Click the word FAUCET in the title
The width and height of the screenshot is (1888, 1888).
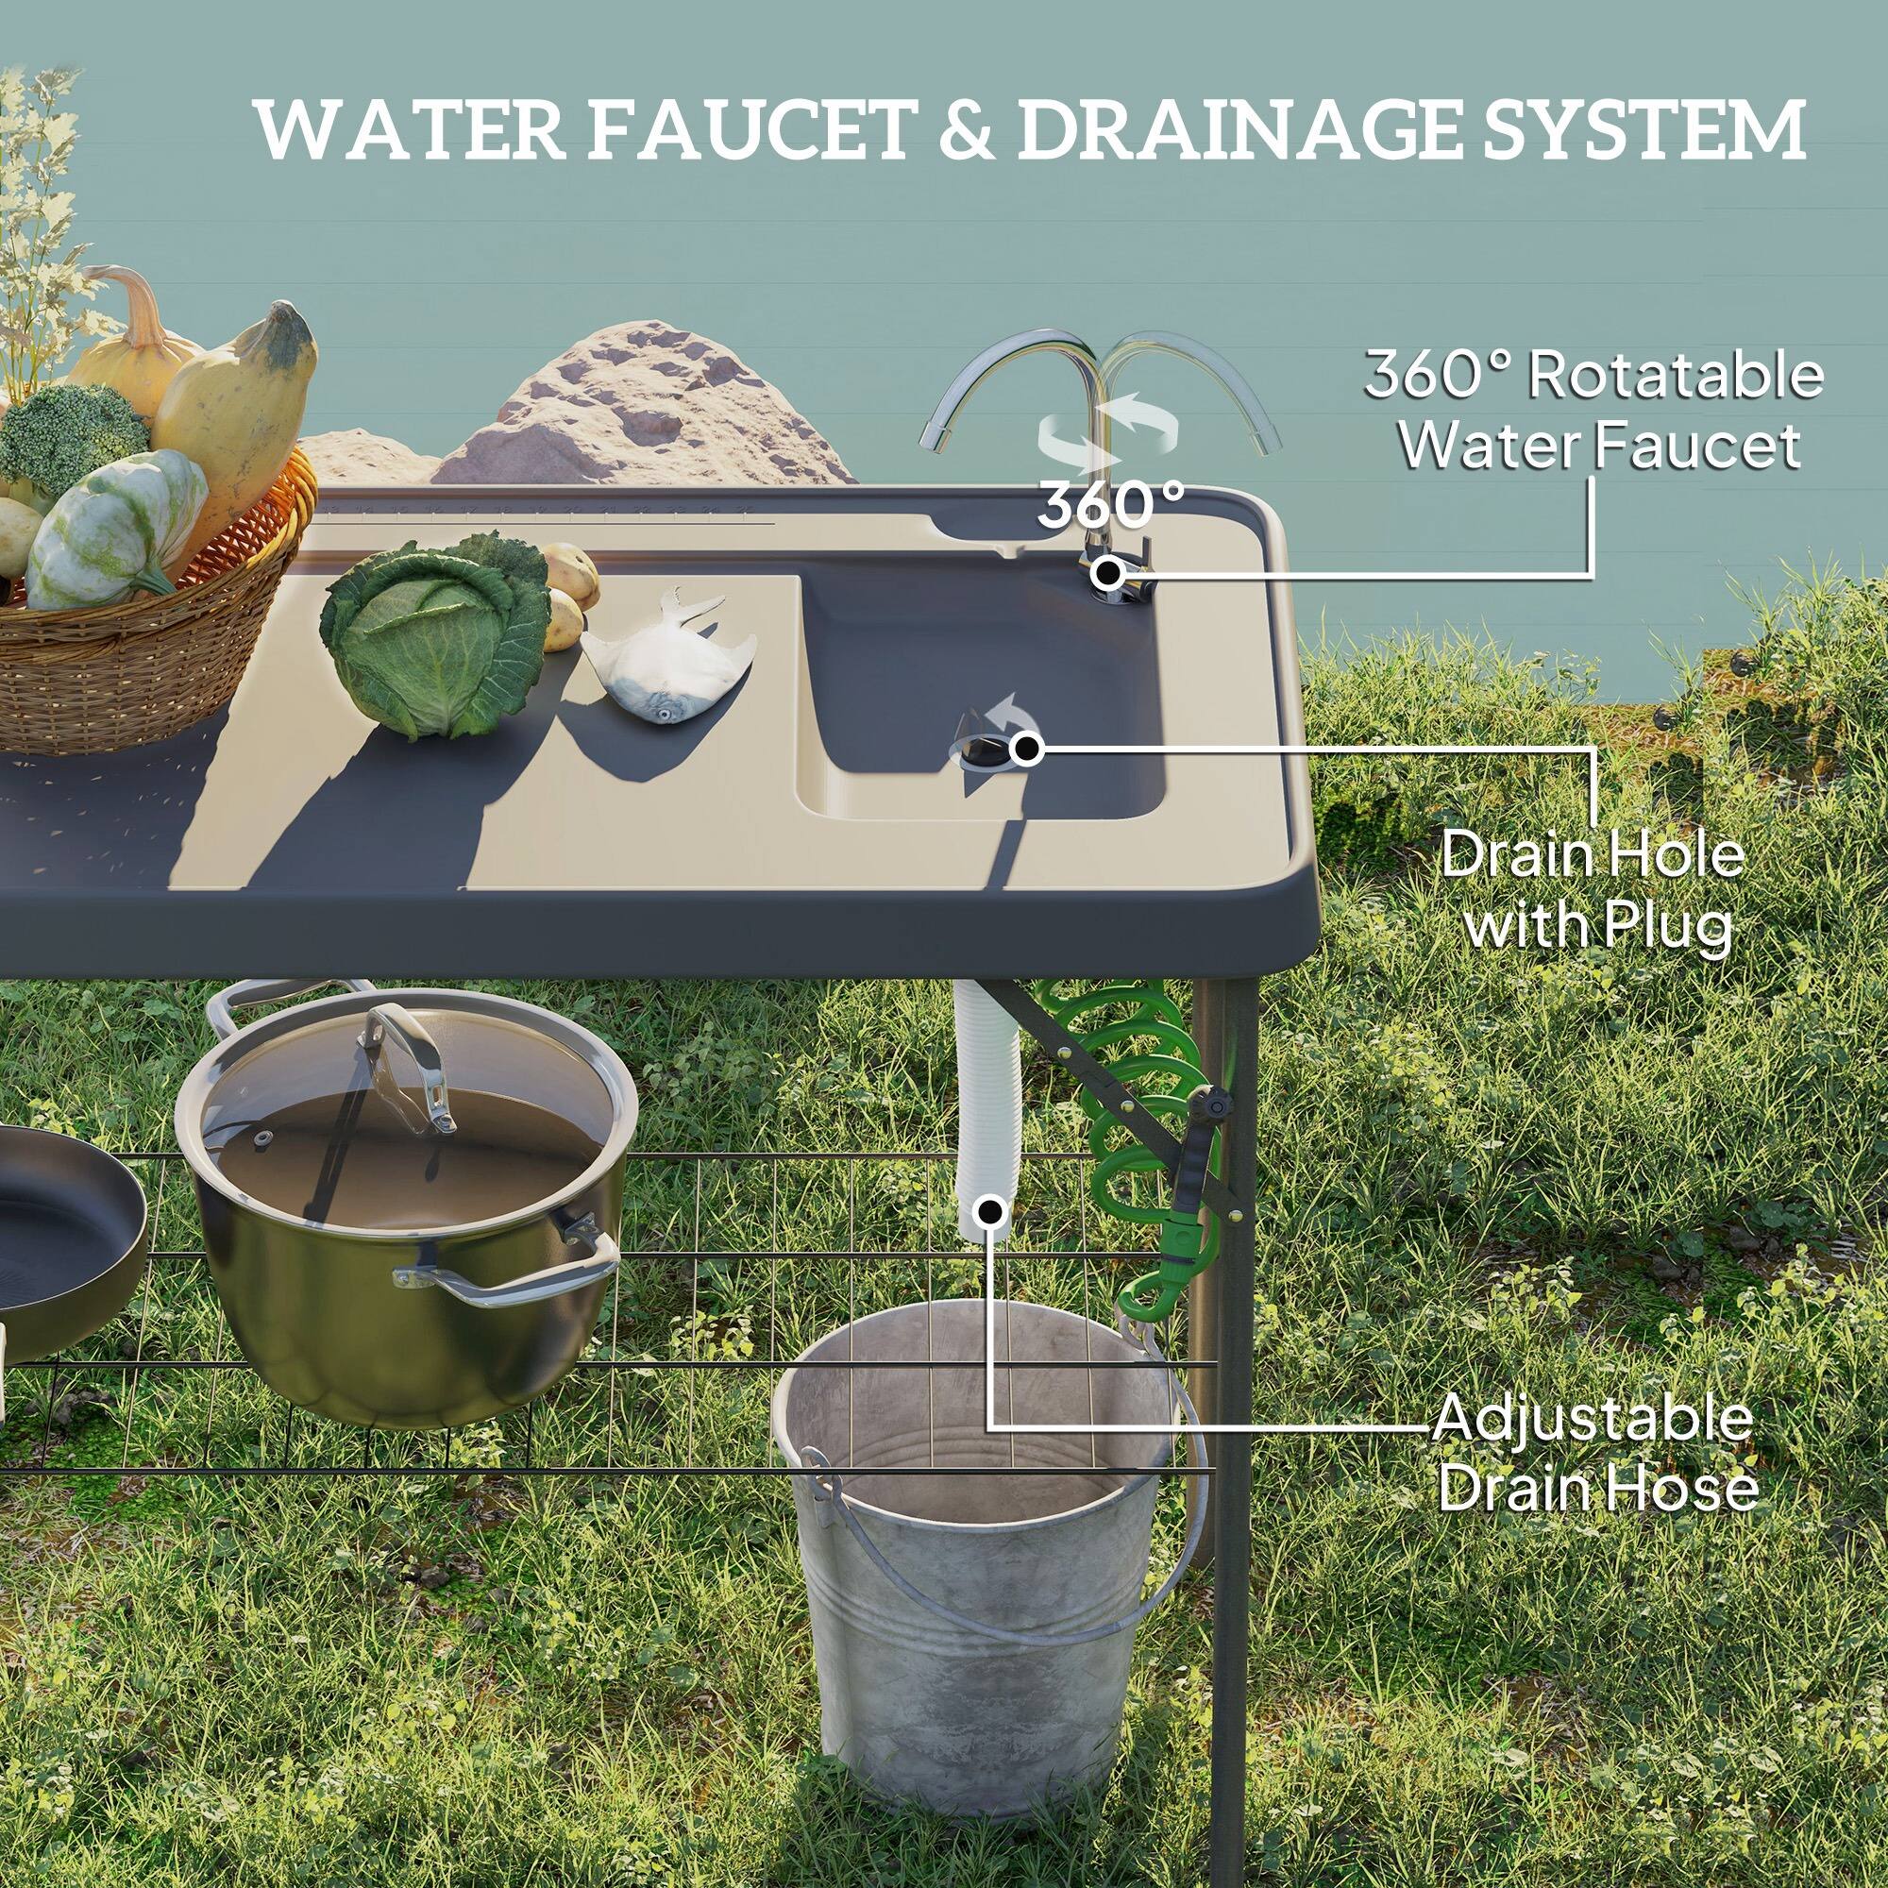pos(750,130)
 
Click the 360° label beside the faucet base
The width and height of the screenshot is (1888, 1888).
pos(1110,505)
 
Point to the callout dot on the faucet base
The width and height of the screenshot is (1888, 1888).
pos(1107,573)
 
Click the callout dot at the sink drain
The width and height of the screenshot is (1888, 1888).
pos(1026,750)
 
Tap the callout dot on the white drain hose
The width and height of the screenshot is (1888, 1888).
pos(991,1213)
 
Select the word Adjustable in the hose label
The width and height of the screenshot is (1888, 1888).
pos(1592,1419)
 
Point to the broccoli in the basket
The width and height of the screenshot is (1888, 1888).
pos(68,440)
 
